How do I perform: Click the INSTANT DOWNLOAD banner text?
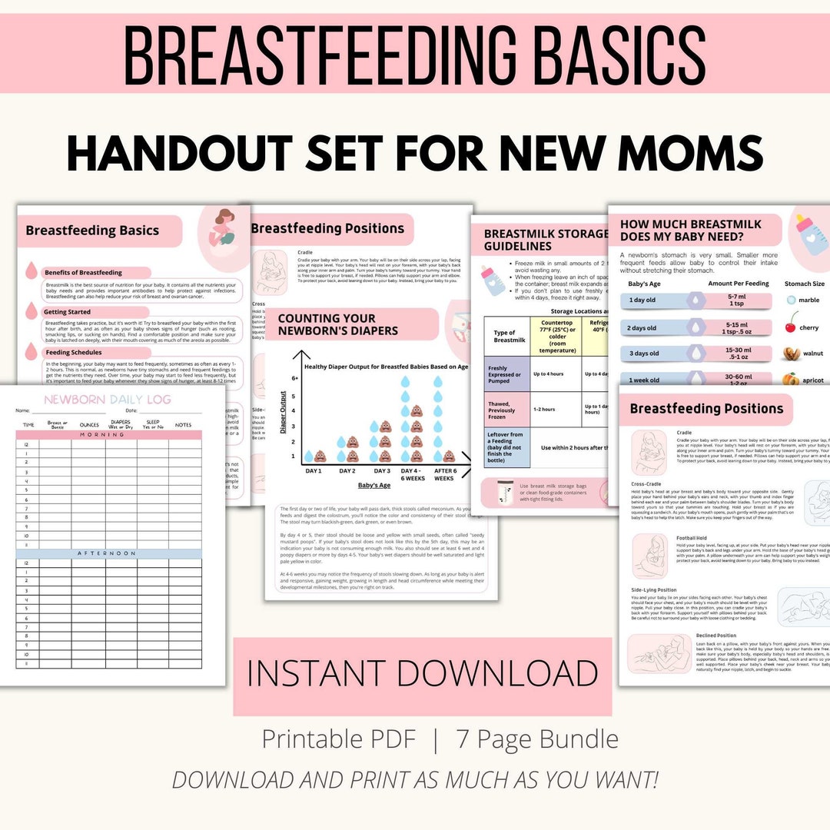coord(422,674)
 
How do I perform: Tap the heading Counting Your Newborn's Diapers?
coord(327,324)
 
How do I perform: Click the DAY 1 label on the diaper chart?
coord(314,470)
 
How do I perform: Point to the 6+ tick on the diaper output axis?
coord(293,379)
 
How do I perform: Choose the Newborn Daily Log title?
coord(108,400)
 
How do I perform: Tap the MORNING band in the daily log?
coord(108,435)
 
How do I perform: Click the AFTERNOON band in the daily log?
coord(108,553)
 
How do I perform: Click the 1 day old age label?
coord(642,300)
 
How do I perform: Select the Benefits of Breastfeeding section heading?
coord(83,272)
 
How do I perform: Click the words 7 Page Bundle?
coord(537,739)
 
